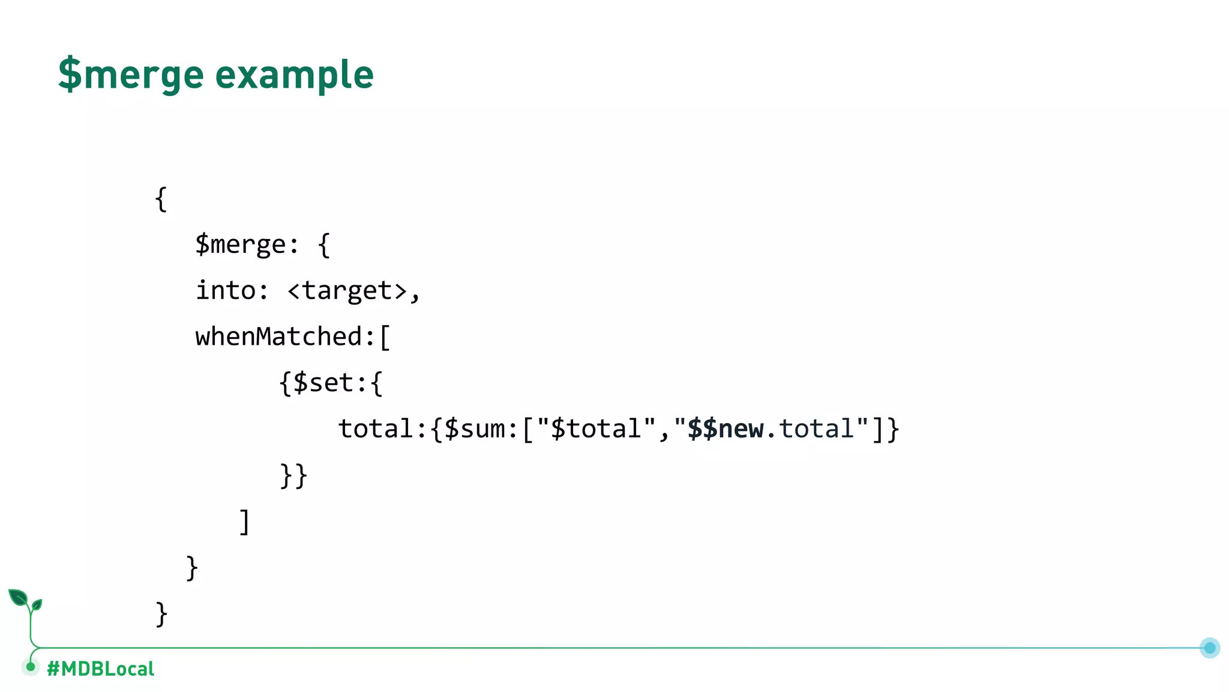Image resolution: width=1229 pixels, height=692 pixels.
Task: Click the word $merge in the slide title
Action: pos(131,74)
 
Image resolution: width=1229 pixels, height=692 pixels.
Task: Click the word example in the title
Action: pos(294,74)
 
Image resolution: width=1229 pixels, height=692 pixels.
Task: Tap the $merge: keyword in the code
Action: pos(247,244)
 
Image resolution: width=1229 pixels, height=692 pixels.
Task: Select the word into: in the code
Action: pos(232,291)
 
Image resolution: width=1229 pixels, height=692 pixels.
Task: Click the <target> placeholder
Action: pos(347,291)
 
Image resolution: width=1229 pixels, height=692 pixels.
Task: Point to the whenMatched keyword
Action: pos(279,336)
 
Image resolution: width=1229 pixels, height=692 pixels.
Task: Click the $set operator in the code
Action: pos(323,383)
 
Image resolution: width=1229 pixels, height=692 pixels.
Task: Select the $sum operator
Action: pos(475,429)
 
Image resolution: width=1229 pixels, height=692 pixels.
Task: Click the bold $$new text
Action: pos(725,429)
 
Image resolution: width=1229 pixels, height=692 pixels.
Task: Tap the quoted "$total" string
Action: pos(596,429)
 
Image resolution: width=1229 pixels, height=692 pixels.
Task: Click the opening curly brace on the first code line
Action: pos(161,199)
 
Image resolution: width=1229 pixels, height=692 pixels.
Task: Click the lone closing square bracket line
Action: pos(244,521)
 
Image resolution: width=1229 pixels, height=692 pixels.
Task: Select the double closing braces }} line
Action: pos(293,475)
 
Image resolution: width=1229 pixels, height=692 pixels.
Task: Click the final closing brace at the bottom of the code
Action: pos(161,614)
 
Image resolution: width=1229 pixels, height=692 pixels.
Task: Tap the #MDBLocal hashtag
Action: pos(100,669)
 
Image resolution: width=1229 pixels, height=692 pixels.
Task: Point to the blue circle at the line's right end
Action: pos(1210,648)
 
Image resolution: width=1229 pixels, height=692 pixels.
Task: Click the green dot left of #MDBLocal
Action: pos(31,667)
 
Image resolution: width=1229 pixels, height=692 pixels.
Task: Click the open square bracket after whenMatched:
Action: pos(385,337)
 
